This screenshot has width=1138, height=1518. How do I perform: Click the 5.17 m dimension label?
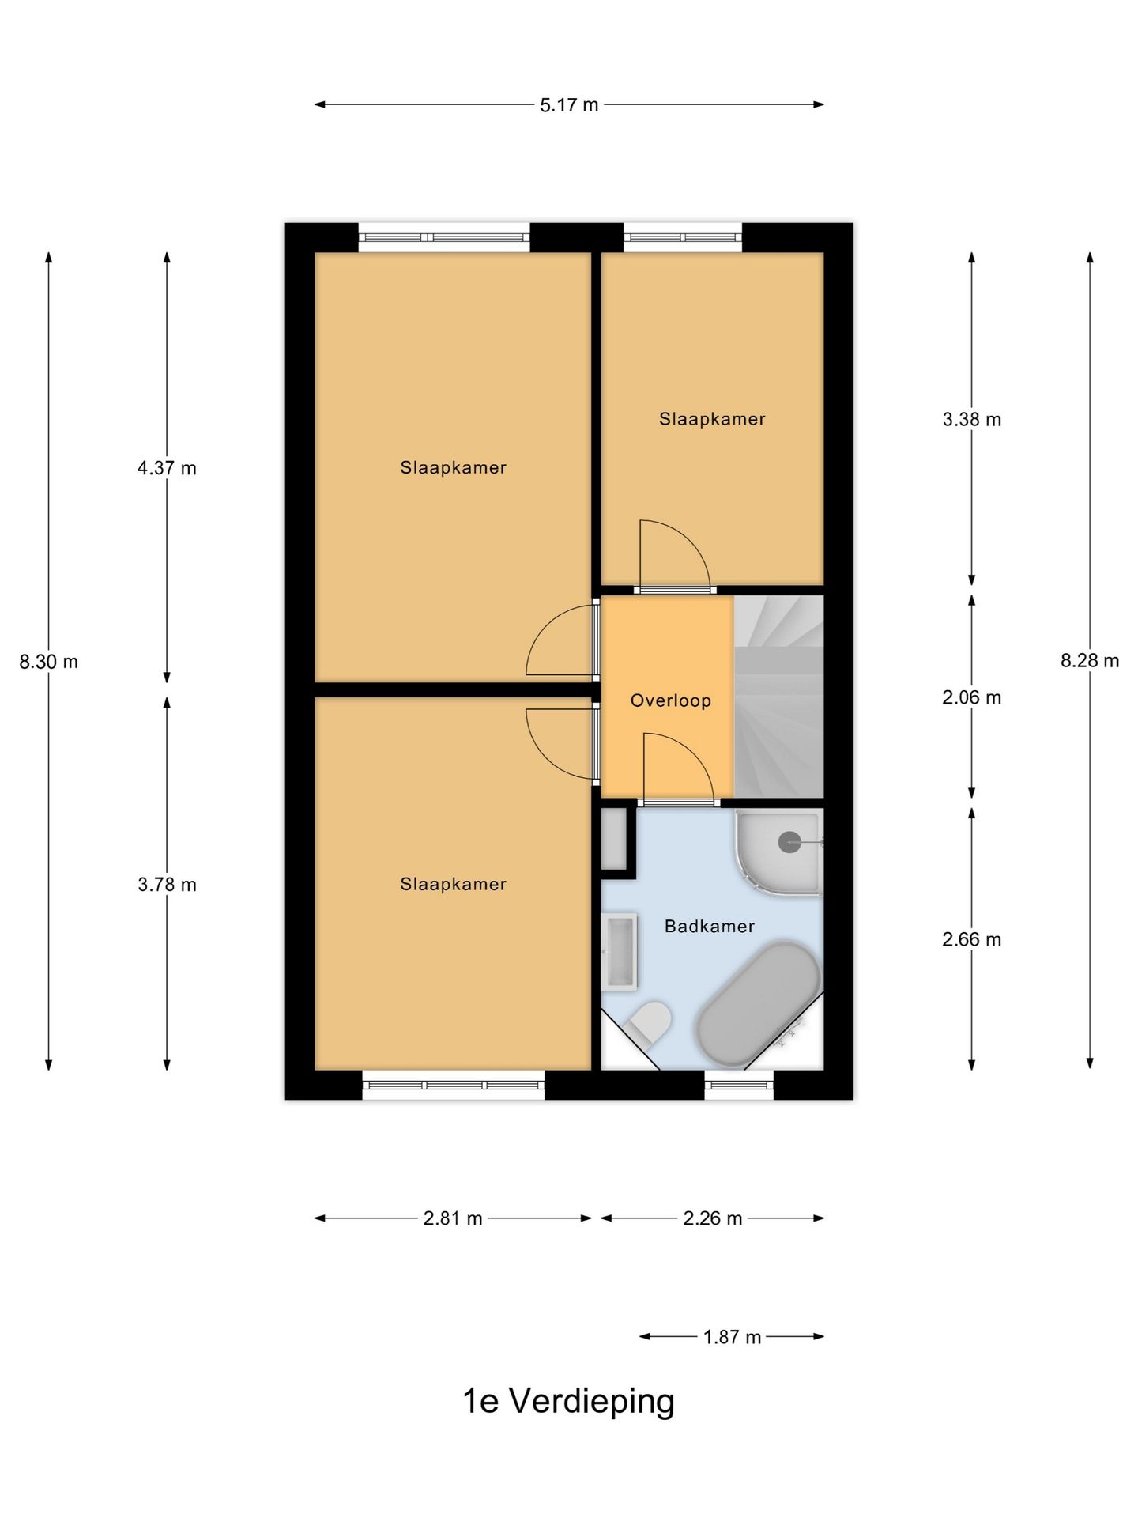569,105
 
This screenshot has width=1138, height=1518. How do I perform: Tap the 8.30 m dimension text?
49,662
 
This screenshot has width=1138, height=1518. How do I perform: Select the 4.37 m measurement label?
167,468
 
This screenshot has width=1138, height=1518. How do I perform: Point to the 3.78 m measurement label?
167,885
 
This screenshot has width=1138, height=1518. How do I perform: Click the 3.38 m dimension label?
971,420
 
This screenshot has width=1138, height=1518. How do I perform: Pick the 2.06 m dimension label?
971,697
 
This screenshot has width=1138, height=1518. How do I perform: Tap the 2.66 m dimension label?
971,939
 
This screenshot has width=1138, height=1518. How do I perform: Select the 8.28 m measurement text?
1089,661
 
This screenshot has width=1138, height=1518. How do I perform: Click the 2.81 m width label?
453,1218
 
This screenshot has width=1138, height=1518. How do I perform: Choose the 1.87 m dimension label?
732,1337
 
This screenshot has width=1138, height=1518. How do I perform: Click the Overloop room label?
670,700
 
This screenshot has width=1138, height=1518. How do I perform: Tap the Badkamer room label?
709,926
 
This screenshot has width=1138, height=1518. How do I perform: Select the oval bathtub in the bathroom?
756,1004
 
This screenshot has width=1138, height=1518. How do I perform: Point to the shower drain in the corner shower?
789,842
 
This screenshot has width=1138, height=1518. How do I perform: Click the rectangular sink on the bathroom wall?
619,952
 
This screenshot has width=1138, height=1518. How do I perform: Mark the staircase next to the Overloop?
778,696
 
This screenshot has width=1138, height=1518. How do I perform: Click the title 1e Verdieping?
568,1401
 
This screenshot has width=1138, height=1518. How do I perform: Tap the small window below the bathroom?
739,1085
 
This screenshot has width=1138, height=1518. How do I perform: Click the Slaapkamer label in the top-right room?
712,419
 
